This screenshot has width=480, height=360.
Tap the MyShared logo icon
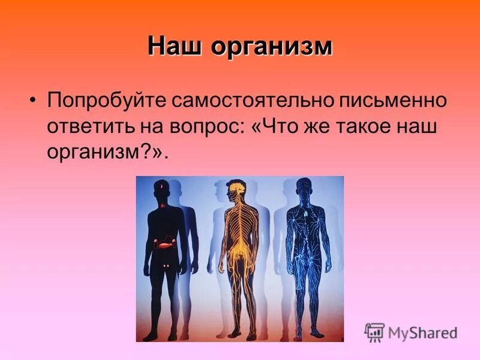pyautogui.click(x=374, y=332)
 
